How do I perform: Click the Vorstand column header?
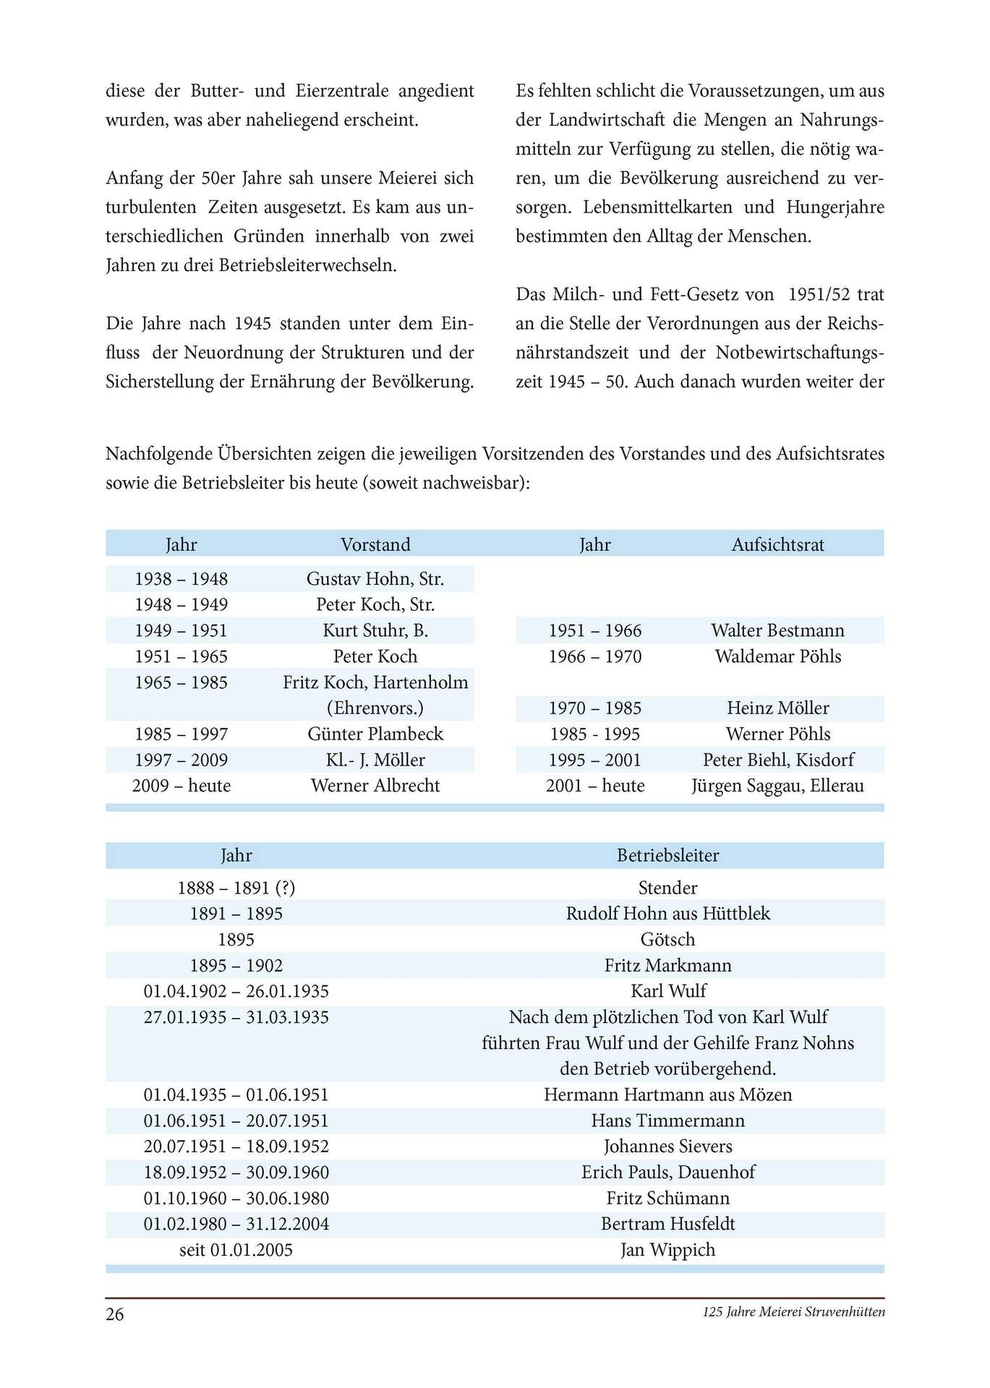click(x=375, y=544)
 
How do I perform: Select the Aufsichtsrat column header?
click(x=777, y=544)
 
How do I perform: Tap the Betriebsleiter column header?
click(x=667, y=855)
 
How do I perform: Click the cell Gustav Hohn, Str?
click(x=375, y=578)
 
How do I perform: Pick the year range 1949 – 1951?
click(x=181, y=630)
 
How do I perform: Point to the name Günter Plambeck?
click(x=375, y=734)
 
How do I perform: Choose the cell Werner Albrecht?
click(x=375, y=786)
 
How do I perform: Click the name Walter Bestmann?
click(x=777, y=630)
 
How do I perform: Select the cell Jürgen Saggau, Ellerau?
click(x=777, y=786)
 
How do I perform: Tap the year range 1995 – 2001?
click(x=594, y=760)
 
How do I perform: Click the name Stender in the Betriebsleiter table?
click(x=667, y=888)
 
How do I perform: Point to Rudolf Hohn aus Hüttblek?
click(x=667, y=914)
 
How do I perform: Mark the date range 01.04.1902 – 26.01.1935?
click(x=236, y=991)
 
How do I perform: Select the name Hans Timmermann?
click(x=667, y=1121)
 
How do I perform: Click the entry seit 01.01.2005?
click(x=236, y=1250)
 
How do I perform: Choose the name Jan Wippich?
click(x=667, y=1250)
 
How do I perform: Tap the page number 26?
click(x=115, y=1314)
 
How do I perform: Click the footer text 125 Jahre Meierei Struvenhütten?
click(x=793, y=1312)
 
